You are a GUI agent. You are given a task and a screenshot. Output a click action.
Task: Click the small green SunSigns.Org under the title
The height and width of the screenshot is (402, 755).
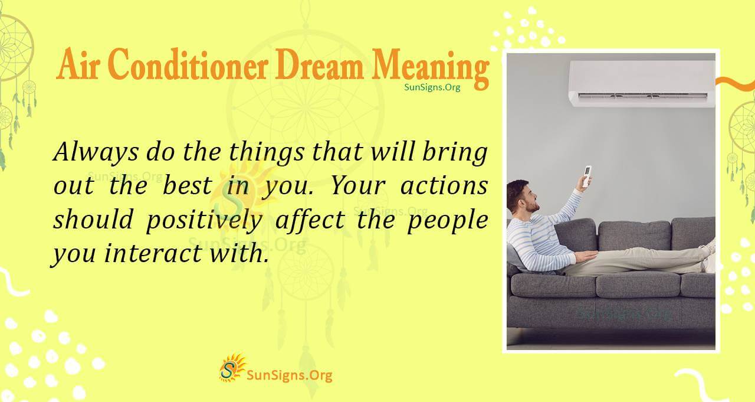[x=432, y=87]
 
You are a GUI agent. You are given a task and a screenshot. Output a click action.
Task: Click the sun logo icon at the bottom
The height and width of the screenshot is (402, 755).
[x=232, y=367]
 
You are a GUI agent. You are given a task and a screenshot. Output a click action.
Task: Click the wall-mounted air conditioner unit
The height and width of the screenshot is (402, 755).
[x=641, y=83]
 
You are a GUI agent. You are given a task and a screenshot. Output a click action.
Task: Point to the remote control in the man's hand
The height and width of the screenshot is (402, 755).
[x=586, y=177]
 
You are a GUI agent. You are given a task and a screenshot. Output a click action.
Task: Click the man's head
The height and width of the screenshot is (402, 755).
[x=521, y=197]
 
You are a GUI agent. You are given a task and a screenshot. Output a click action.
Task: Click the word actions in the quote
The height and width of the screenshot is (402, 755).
[x=444, y=187]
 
